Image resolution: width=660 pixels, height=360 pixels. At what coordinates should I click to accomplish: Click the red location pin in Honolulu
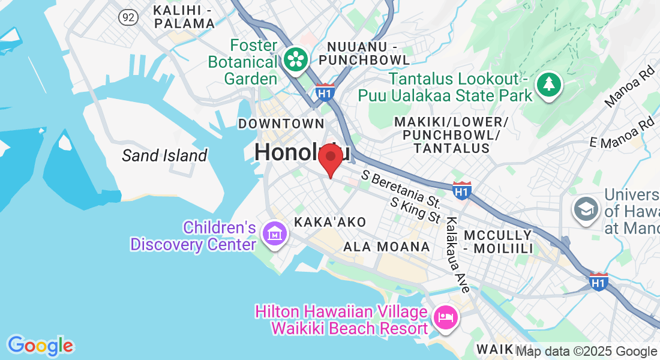[330, 158]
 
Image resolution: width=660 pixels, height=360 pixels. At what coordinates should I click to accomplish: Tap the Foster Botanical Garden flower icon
[296, 59]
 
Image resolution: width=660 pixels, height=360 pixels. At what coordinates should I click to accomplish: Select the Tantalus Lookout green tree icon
[548, 83]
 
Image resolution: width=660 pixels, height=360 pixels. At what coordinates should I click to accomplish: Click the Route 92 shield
[128, 17]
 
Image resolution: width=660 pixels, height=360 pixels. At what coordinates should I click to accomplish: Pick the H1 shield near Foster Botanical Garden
[325, 92]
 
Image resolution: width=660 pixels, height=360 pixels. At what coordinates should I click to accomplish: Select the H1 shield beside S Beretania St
[461, 191]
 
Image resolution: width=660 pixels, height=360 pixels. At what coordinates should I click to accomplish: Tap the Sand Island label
[164, 156]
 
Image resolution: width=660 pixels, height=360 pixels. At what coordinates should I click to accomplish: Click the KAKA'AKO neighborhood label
[330, 222]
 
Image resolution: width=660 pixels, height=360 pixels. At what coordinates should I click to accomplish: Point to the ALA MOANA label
[386, 247]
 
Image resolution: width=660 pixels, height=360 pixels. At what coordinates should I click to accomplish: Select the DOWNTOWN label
[281, 124]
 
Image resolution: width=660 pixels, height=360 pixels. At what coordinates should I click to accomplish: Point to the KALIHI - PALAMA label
[184, 17]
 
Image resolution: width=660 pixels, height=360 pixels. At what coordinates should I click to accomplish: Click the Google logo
[40, 346]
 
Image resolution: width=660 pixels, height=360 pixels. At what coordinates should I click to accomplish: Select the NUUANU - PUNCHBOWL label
[365, 53]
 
